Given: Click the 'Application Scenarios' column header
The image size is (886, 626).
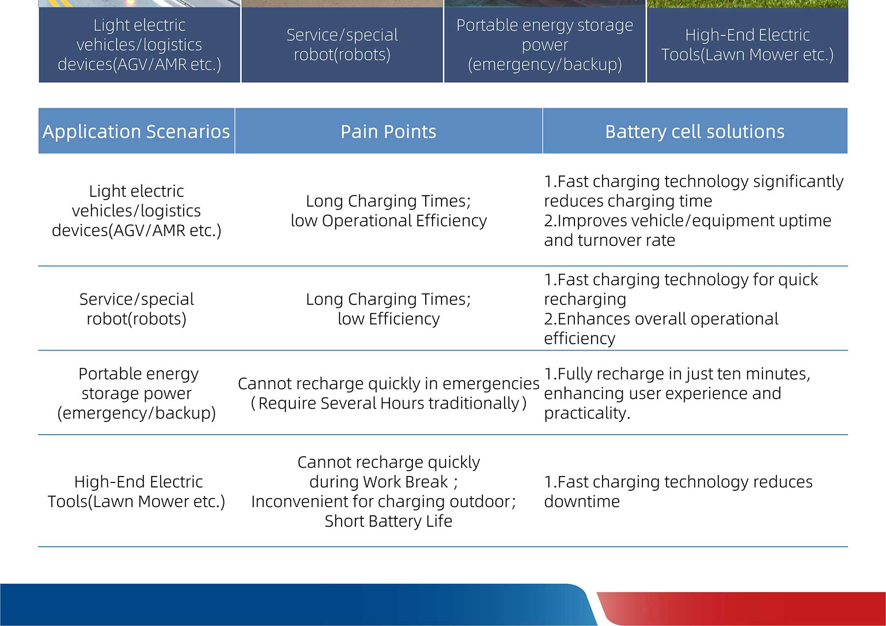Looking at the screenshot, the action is tap(136, 131).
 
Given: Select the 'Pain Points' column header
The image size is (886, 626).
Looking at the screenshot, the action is tap(388, 131).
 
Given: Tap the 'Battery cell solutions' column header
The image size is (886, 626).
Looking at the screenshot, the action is tap(695, 131).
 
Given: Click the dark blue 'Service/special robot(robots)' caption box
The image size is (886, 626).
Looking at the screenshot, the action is tap(342, 45).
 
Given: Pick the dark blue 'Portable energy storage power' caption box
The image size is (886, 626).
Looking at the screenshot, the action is tap(545, 45).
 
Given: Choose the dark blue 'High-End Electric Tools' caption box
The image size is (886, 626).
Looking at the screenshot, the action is tap(747, 45).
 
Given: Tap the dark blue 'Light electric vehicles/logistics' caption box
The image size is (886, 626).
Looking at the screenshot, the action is tap(139, 45).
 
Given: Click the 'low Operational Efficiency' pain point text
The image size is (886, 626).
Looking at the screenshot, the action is tap(389, 221).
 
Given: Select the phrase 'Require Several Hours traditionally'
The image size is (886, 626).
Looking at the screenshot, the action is tap(389, 403).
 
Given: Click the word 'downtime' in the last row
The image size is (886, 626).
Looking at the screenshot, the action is tap(582, 502).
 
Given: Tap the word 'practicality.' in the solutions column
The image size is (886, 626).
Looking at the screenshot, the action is tap(587, 413).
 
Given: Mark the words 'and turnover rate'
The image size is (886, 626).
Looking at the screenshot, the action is tap(609, 240).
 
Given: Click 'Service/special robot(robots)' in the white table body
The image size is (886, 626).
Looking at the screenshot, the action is tap(136, 309).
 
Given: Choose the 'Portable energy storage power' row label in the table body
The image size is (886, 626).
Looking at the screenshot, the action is tap(136, 393).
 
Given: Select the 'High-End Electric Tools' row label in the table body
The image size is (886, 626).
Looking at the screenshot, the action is tap(136, 492).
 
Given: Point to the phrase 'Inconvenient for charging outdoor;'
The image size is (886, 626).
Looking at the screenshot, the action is tap(383, 502).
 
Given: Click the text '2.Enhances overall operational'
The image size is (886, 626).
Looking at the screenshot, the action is tap(661, 319).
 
